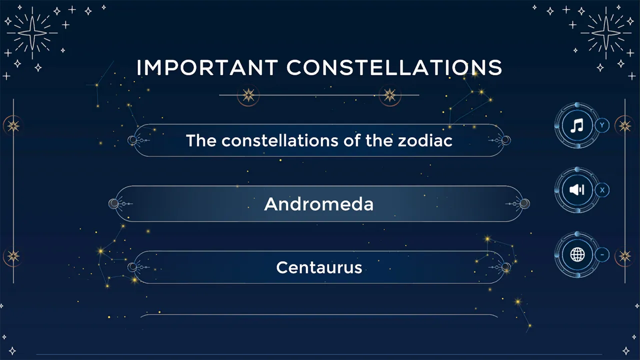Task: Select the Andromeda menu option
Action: pyautogui.click(x=319, y=204)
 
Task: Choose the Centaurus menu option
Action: pyautogui.click(x=319, y=267)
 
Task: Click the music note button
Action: pyautogui.click(x=577, y=125)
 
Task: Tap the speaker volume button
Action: pyautogui.click(x=577, y=190)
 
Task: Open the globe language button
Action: pyautogui.click(x=577, y=255)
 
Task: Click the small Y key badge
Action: pyautogui.click(x=602, y=125)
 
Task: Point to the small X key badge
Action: pyautogui.click(x=602, y=190)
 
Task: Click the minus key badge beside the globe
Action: pyautogui.click(x=602, y=255)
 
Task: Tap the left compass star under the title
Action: pyautogui.click(x=248, y=95)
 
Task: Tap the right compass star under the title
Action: pyautogui.click(x=389, y=95)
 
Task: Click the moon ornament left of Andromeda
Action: pyautogui.click(x=114, y=203)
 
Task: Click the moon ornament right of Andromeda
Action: pyautogui.click(x=524, y=203)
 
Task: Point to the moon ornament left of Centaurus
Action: pyautogui.click(x=132, y=267)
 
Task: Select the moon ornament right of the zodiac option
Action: pyautogui.click(x=505, y=140)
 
